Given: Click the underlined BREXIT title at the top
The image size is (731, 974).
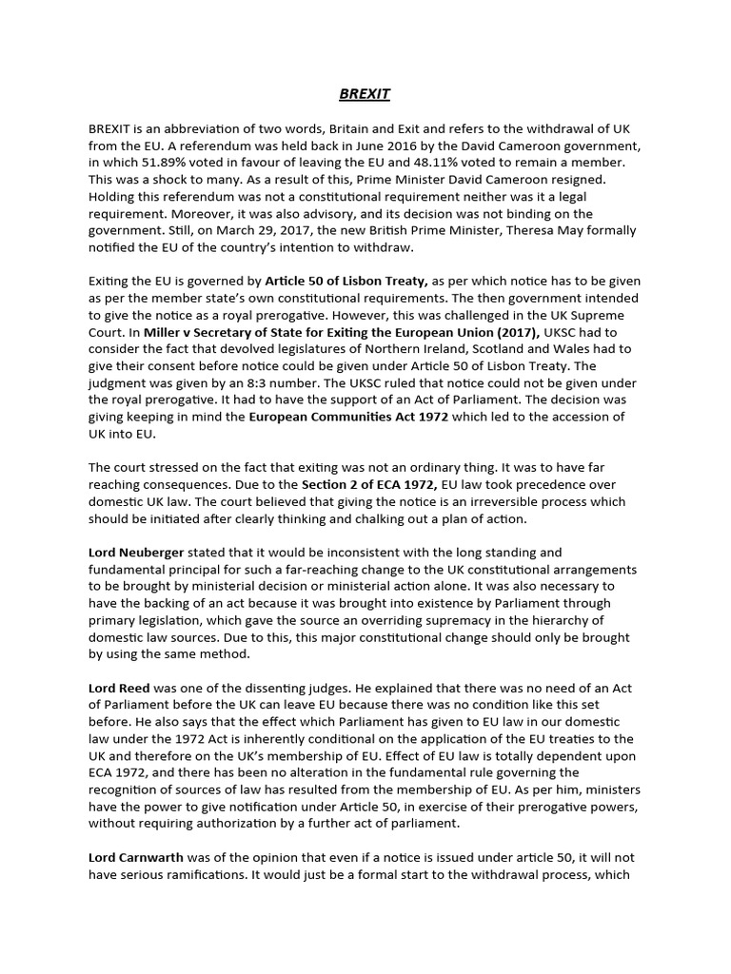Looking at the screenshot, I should point(365,94).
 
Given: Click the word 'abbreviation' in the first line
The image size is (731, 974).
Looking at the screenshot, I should point(199,128).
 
